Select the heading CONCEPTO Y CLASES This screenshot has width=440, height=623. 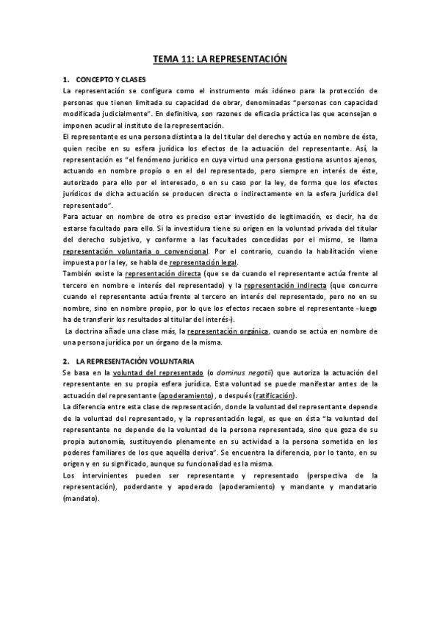coord(112,78)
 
